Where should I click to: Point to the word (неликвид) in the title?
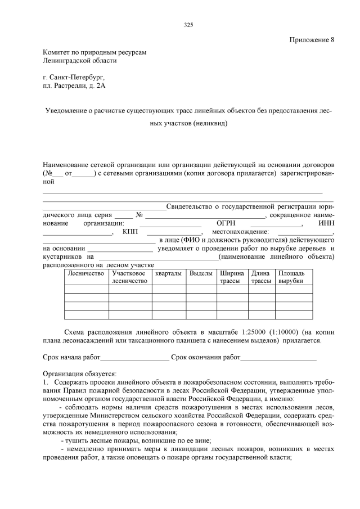[x=210, y=124]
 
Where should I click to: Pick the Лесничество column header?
[x=85, y=273]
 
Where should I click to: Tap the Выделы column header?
[x=200, y=273]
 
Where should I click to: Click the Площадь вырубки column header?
[x=291, y=276]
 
